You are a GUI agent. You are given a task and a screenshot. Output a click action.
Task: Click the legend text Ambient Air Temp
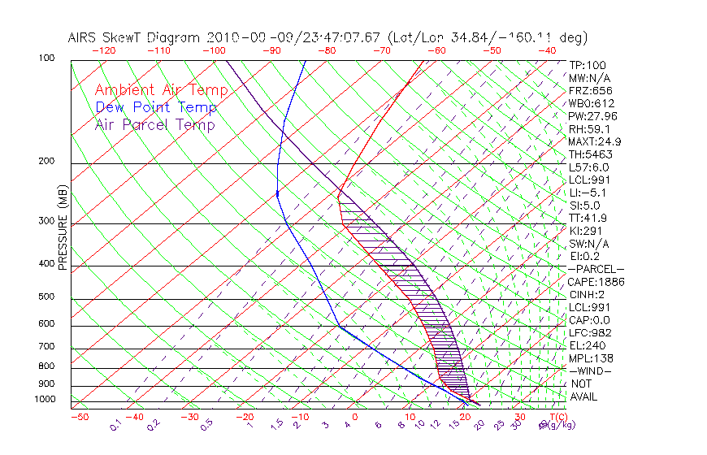click(155, 90)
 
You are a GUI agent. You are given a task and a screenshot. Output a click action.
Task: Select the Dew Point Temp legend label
click(155, 107)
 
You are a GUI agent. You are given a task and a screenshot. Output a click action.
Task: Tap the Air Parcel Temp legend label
click(154, 124)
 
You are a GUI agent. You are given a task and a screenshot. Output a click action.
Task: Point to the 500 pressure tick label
click(47, 298)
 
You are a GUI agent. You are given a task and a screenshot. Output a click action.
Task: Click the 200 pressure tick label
click(47, 162)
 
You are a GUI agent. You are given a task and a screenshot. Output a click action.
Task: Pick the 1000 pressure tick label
click(46, 399)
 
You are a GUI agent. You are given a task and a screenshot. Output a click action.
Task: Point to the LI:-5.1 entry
click(587, 193)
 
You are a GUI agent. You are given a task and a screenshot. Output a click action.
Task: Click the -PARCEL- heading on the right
click(595, 269)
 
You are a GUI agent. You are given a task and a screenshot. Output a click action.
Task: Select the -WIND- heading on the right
click(590, 370)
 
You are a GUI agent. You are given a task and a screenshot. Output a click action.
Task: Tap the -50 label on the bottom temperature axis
click(79, 417)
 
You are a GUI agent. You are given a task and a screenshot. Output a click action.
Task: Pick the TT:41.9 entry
click(587, 218)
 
